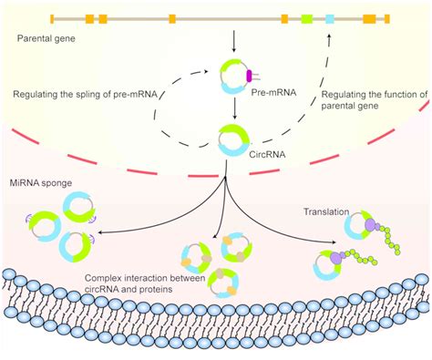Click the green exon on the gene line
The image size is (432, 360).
307,18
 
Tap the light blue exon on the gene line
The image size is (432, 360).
330,18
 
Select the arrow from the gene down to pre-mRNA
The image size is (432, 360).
234,41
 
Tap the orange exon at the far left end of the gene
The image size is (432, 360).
52,18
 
